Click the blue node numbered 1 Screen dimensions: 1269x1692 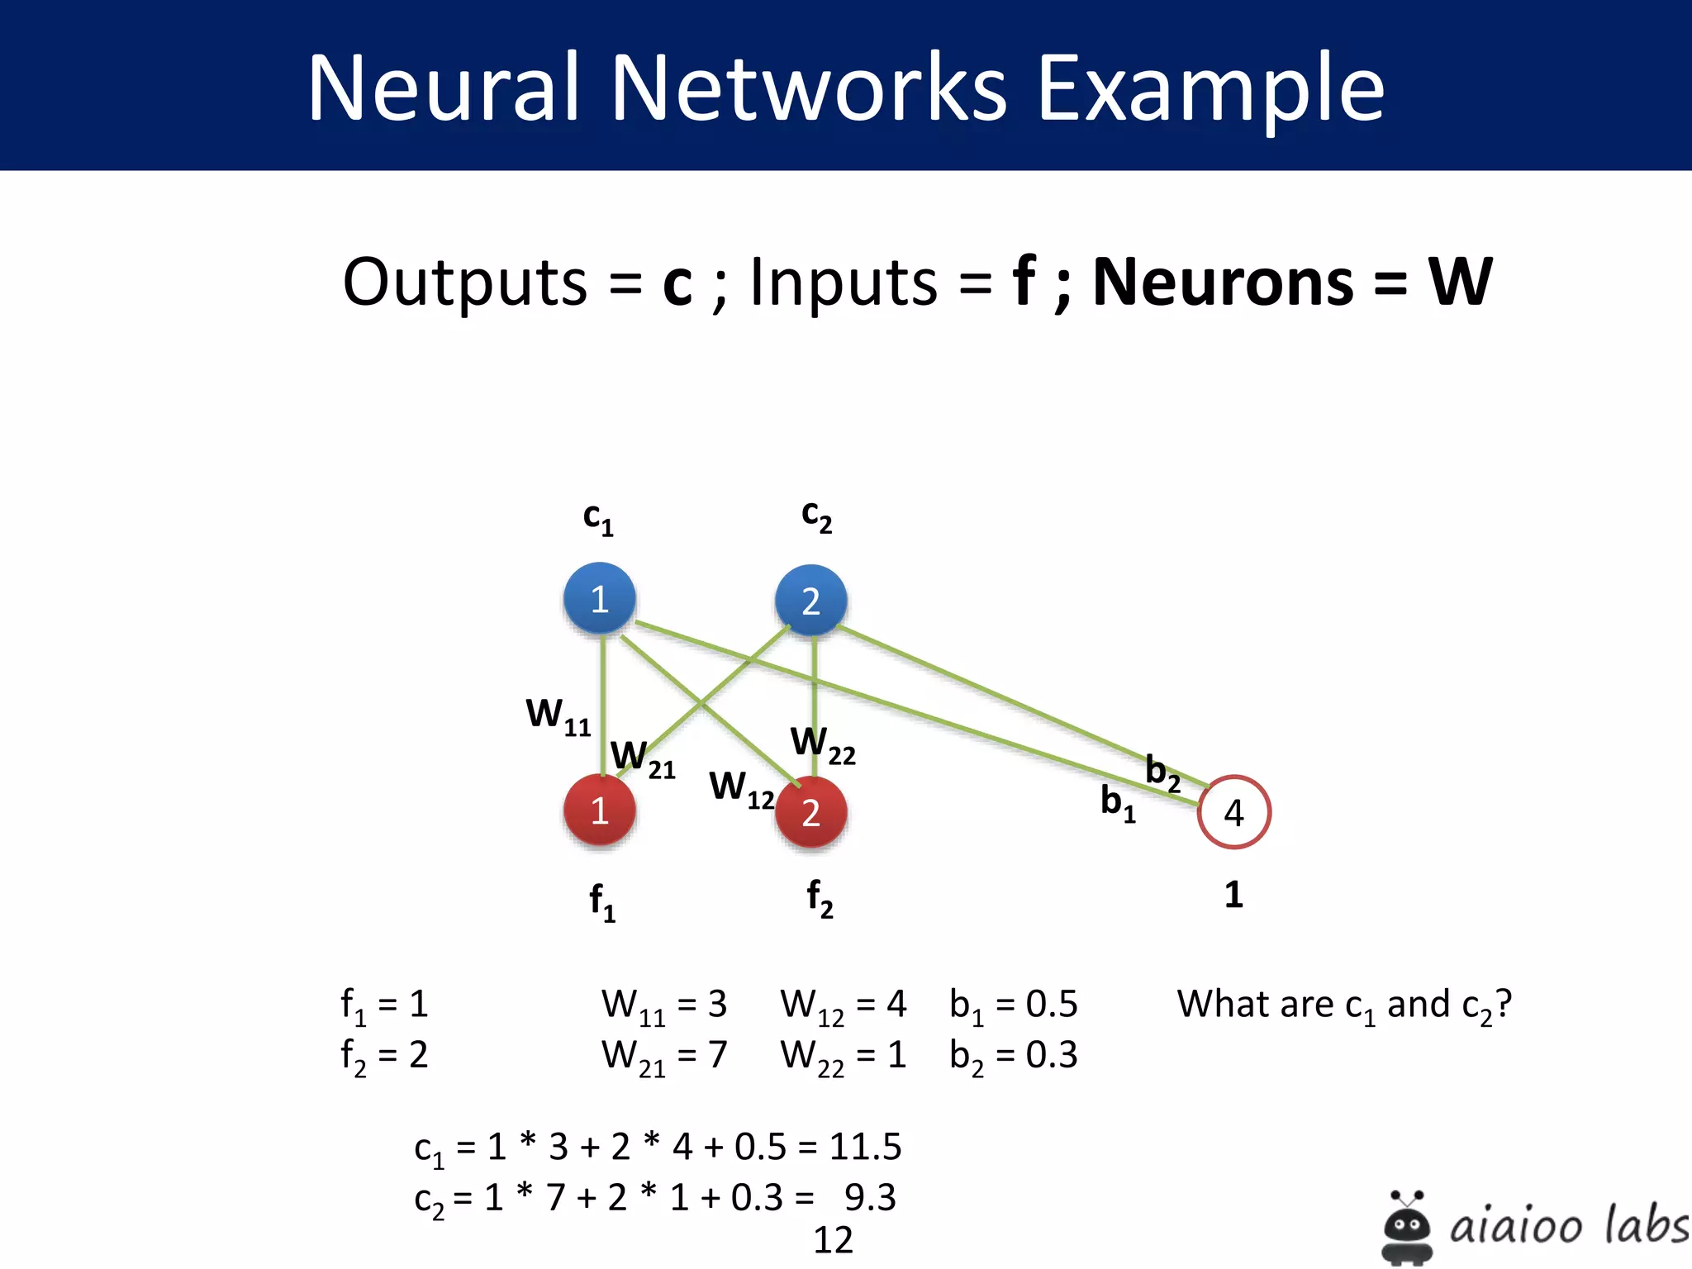pyautogui.click(x=600, y=599)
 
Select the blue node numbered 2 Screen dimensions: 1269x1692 pyautogui.click(x=811, y=601)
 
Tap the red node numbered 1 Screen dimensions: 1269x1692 pyautogui.click(x=600, y=810)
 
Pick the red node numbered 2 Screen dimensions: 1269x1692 pyautogui.click(x=811, y=813)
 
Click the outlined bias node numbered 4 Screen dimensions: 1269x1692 pyautogui.click(x=1233, y=812)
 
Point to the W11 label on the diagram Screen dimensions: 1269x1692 pyautogui.click(x=558, y=715)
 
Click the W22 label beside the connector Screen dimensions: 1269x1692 pyautogui.click(x=823, y=744)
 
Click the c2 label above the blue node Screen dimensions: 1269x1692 pyautogui.click(x=816, y=516)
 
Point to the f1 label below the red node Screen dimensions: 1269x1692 pyautogui.click(x=602, y=901)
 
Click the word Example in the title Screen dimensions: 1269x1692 pyautogui.click(x=1210, y=88)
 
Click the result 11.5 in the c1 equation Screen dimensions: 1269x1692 pyautogui.click(x=865, y=1147)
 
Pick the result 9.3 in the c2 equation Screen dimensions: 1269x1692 pyautogui.click(x=870, y=1197)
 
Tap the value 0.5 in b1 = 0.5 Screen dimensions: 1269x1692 pyautogui.click(x=1052, y=1005)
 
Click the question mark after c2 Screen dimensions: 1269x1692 pyautogui.click(x=1504, y=1003)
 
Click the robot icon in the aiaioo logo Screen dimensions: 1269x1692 pyautogui.click(x=1407, y=1227)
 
